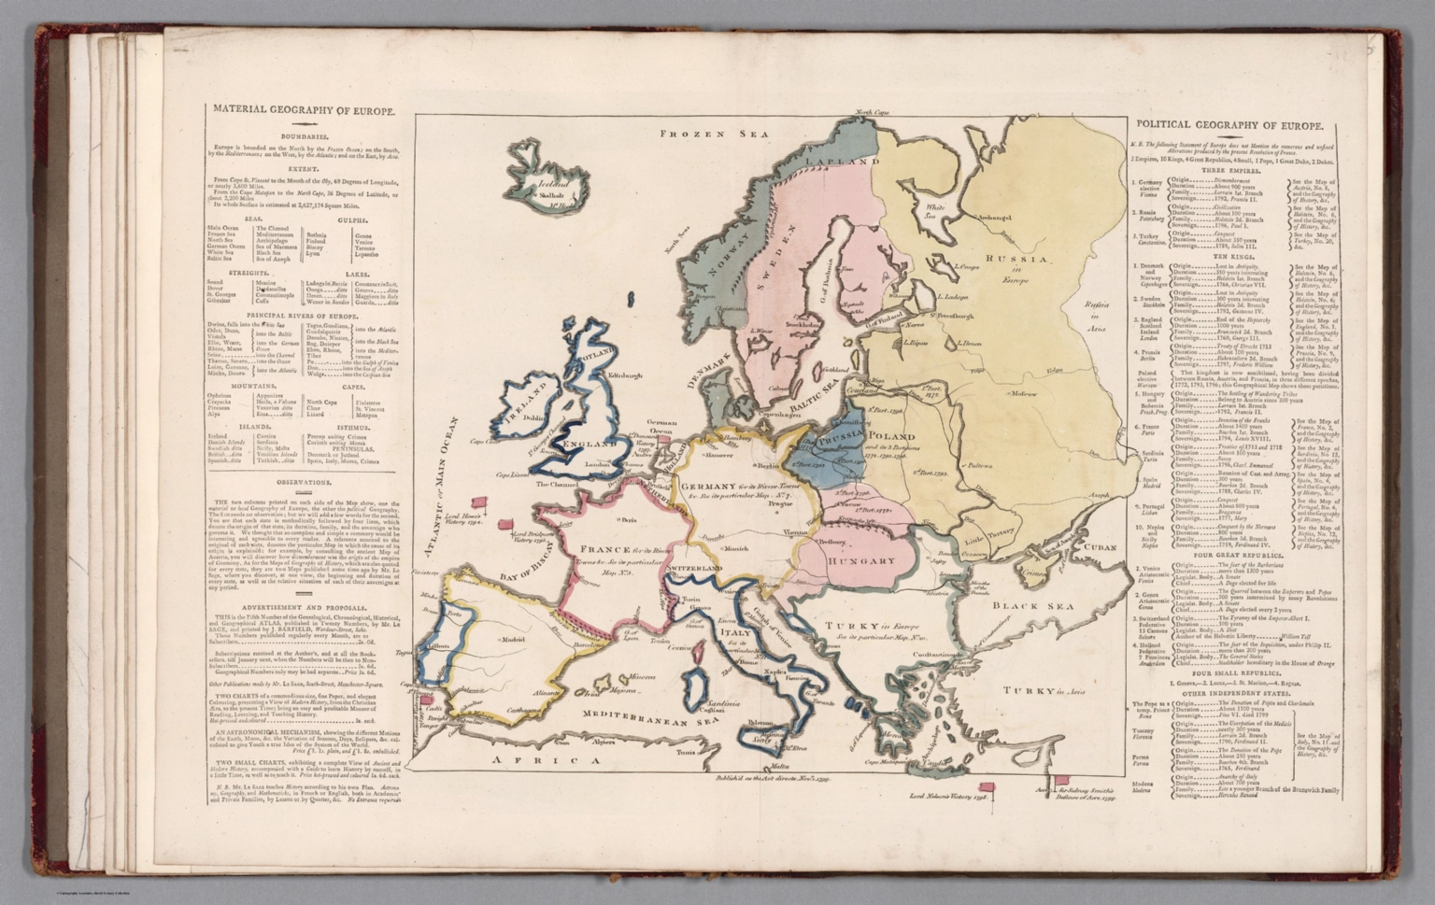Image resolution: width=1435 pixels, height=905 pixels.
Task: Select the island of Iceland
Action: pos(543,173)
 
